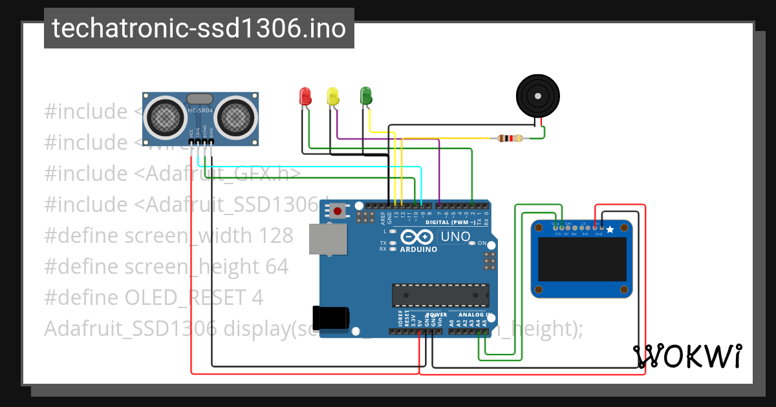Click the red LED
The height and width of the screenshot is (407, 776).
coord(305,96)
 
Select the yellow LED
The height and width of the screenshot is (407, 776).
coord(333,96)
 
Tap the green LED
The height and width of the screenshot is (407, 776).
coord(366,96)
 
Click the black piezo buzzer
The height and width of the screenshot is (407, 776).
coord(537,95)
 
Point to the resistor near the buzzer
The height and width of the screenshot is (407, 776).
coord(510,138)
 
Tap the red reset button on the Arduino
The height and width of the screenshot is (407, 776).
coord(337,211)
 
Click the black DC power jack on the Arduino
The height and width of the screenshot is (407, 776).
coord(330,317)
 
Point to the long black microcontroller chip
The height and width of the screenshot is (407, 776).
coord(439,295)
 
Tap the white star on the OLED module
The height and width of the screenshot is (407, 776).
coord(610,229)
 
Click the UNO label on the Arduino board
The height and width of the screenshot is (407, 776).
coord(455,236)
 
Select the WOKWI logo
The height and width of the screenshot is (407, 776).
coord(687,356)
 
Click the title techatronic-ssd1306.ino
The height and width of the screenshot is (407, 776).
coord(199,28)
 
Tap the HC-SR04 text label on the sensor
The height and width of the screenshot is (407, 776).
coord(200,110)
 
